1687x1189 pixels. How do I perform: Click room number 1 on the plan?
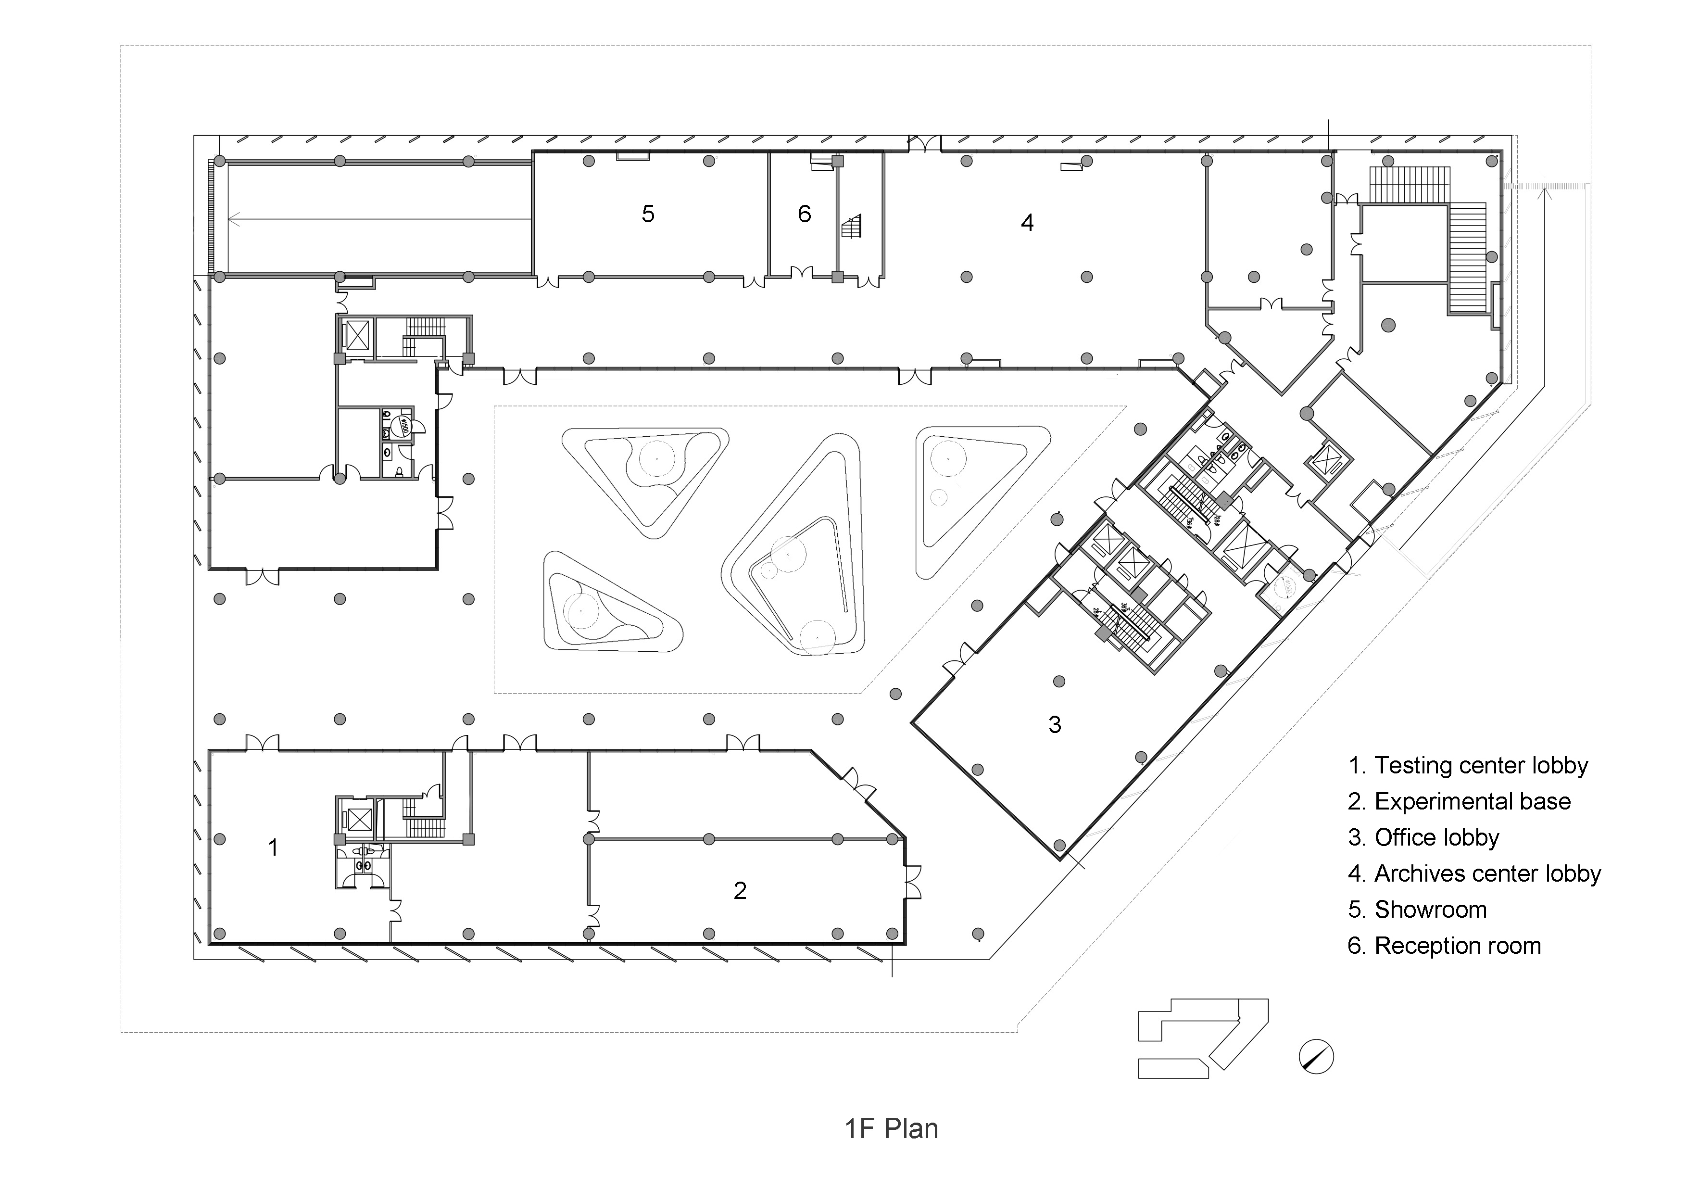click(273, 847)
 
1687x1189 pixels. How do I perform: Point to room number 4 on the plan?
click(1027, 222)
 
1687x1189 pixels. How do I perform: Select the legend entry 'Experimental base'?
click(1459, 802)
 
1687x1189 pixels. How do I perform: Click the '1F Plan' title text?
click(891, 1128)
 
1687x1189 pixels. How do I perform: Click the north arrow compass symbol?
click(1316, 1057)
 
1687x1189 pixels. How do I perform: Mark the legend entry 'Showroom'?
click(1417, 910)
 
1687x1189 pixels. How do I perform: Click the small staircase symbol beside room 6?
click(852, 227)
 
